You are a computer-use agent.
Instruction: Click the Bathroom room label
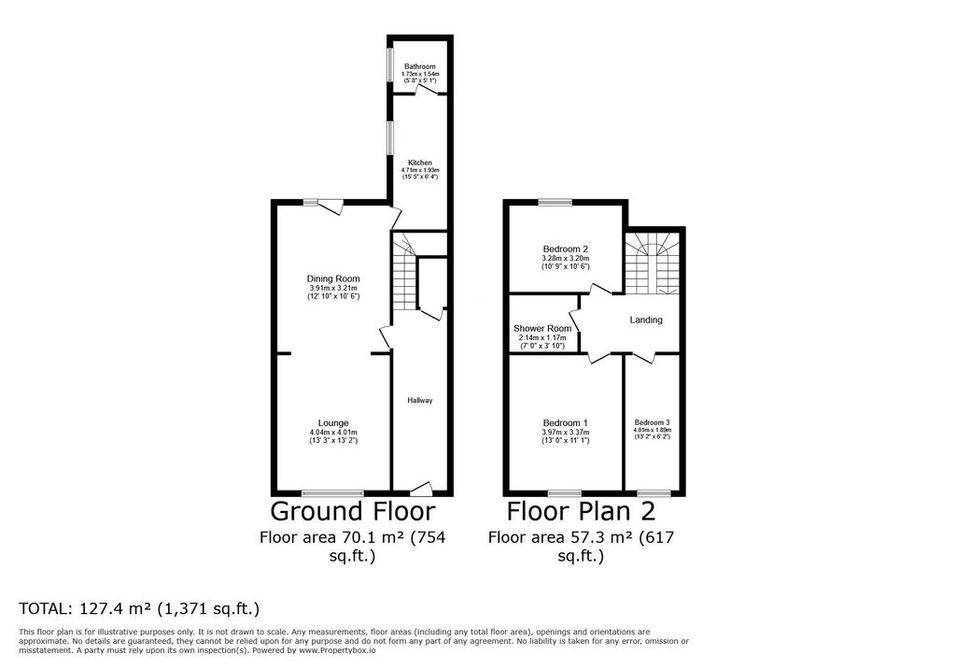click(419, 66)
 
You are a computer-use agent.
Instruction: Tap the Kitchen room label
click(419, 163)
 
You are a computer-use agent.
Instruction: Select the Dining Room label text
click(333, 278)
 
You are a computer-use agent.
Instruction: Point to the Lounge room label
click(333, 423)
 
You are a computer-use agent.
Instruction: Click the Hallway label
click(420, 401)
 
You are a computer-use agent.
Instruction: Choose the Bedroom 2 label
click(566, 249)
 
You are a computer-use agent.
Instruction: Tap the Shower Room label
click(542, 329)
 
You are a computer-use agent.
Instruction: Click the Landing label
click(646, 320)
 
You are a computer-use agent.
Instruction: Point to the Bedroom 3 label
click(653, 422)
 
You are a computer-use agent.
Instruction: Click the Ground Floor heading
click(352, 511)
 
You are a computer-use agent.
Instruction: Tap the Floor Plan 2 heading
click(581, 511)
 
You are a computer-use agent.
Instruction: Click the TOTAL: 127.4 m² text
click(138, 608)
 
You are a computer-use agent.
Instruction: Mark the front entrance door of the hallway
click(421, 488)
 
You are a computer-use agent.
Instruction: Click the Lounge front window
click(332, 492)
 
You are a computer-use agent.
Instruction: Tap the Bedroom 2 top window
click(555, 202)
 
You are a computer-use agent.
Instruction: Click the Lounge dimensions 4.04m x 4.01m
click(333, 433)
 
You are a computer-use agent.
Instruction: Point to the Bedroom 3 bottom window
click(654, 492)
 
